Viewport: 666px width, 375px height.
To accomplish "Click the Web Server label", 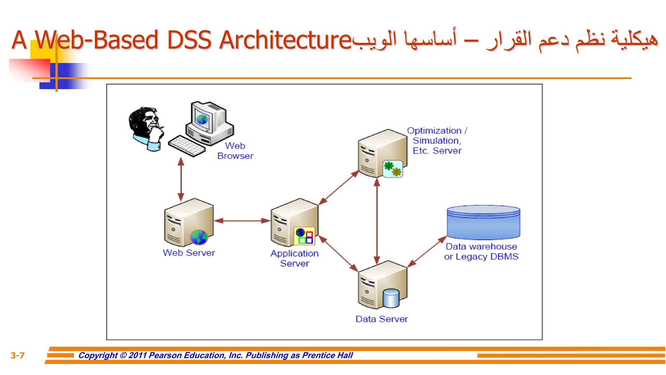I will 189,253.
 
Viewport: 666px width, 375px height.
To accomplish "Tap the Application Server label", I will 295,258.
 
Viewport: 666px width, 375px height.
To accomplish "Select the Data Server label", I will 381,319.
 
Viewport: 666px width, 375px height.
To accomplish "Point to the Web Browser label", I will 235,151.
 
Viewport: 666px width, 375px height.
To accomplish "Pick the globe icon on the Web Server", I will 199,237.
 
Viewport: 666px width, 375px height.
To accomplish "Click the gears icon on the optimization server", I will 393,169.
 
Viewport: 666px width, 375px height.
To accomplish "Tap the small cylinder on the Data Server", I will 391,298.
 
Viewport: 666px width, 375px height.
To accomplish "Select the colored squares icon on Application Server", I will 304,236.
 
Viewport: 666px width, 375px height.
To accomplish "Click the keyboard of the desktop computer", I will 187,146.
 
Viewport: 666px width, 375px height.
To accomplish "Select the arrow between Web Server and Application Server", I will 242,221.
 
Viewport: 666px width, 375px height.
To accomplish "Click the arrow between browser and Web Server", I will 181,179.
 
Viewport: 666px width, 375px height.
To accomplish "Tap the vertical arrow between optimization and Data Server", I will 377,221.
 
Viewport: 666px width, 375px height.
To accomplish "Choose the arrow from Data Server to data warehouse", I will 427,252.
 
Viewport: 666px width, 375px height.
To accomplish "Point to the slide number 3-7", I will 18,355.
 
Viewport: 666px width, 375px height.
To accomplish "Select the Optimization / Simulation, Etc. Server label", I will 437,141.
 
